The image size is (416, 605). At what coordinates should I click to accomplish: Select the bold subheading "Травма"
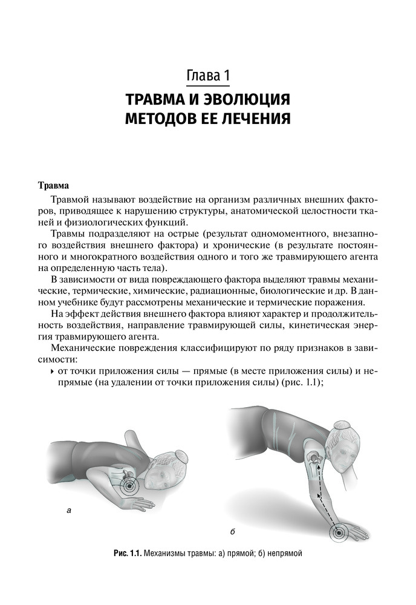[54, 184]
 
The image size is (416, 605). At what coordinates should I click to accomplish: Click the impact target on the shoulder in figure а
[129, 483]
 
